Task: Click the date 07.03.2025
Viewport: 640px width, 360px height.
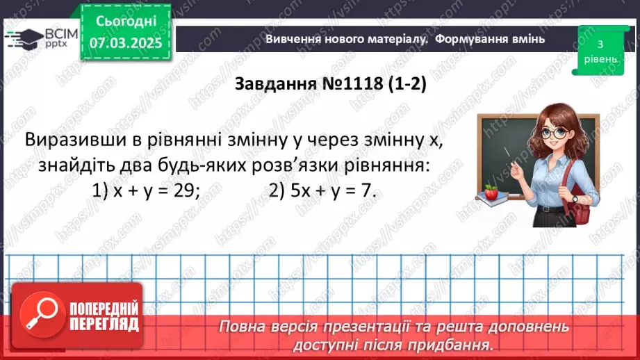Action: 126,42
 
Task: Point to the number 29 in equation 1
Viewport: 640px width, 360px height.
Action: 181,190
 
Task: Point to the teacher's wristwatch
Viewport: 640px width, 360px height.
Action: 575,199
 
